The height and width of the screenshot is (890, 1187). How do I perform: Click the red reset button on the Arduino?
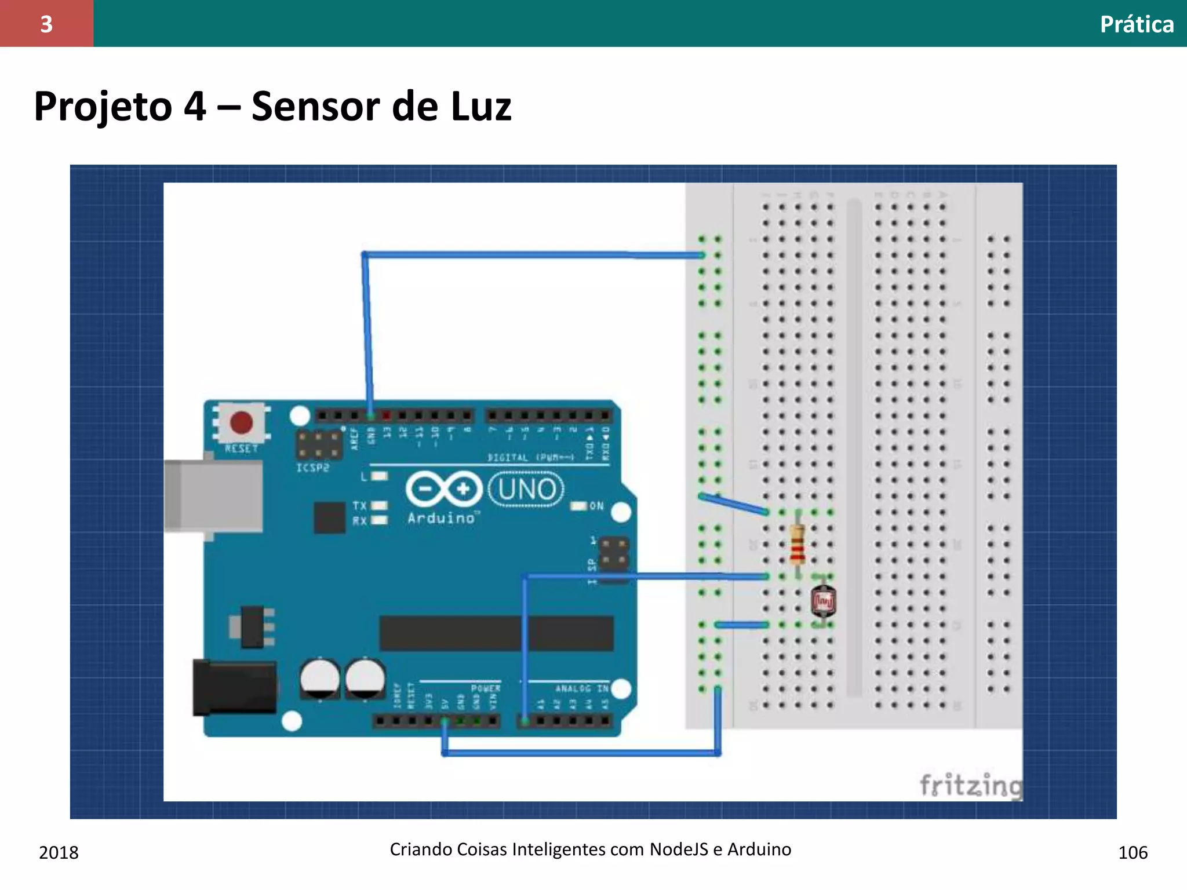pos(241,422)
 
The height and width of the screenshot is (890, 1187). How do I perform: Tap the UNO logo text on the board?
pos(526,490)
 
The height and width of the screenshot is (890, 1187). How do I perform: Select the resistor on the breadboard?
pos(798,544)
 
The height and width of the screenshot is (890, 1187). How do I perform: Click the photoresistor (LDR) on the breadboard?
pos(823,601)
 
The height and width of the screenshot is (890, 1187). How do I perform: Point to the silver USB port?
pos(213,496)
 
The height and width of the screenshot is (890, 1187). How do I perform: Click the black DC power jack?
pos(234,687)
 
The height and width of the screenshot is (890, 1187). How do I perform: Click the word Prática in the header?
pos(1137,24)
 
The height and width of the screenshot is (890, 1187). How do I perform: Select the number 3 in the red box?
pos(46,24)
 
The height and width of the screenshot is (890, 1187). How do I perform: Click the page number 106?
pos(1133,852)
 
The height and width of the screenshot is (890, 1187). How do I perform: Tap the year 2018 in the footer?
pos(59,852)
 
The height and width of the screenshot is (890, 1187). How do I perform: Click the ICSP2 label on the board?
pos(313,468)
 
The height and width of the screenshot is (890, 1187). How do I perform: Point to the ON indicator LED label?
pos(596,506)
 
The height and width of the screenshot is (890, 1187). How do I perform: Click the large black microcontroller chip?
pos(496,633)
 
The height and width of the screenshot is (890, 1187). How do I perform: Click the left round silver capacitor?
pos(320,679)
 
